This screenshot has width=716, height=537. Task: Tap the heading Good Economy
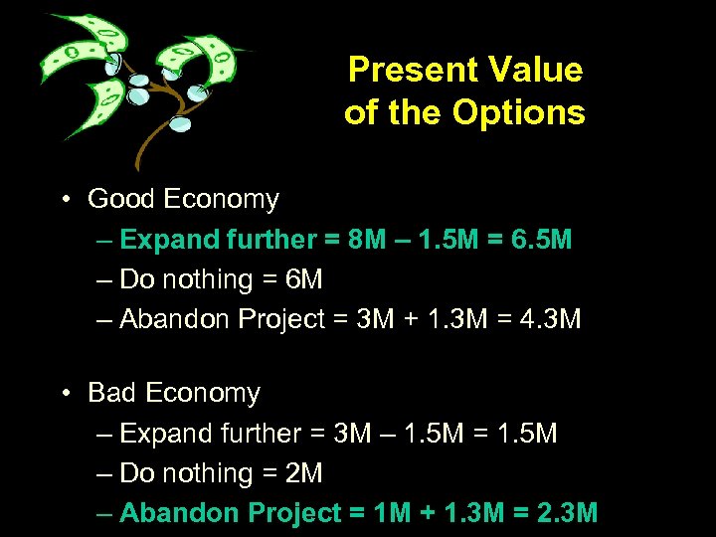tap(183, 199)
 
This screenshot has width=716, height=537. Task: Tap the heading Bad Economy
tap(174, 394)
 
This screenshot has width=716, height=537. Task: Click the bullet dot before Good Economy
tap(63, 199)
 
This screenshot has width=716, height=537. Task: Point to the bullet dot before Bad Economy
tap(63, 394)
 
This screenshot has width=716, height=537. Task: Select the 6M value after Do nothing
tap(304, 280)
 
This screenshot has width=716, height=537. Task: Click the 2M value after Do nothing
tap(304, 474)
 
